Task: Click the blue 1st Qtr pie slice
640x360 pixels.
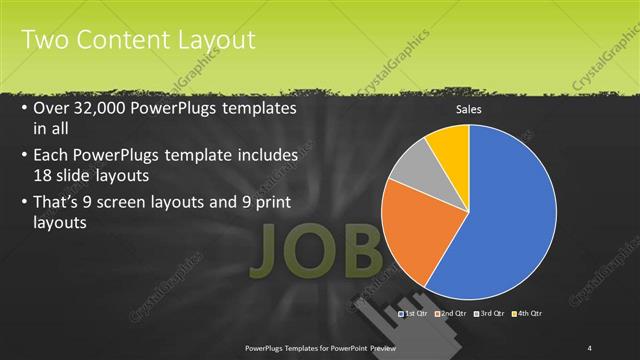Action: pyautogui.click(x=505, y=215)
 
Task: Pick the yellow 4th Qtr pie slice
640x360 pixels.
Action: pyautogui.click(x=448, y=147)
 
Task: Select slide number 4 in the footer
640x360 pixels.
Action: pyautogui.click(x=591, y=347)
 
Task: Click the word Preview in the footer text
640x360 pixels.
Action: pyautogui.click(x=380, y=347)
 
